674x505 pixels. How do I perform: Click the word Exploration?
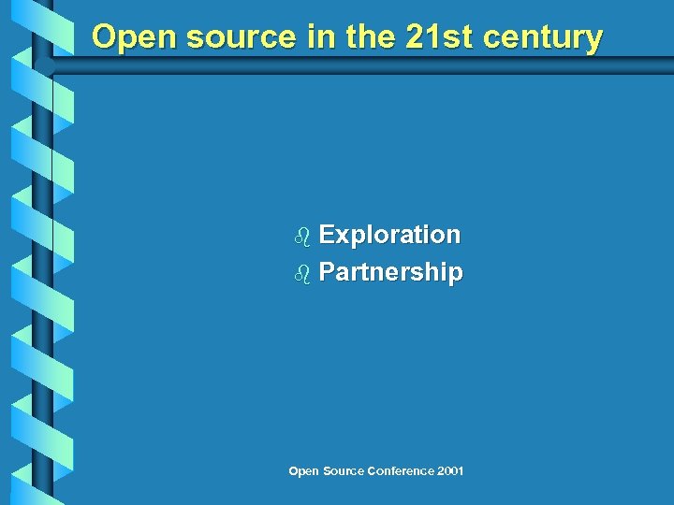pos(389,235)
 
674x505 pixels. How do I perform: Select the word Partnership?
pos(390,273)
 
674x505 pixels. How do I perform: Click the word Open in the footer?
pos(302,471)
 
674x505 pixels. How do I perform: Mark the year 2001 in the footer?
pos(449,471)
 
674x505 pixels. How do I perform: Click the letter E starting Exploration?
pos(327,235)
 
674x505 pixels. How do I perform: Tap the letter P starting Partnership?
pos(327,273)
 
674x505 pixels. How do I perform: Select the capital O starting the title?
pos(105,37)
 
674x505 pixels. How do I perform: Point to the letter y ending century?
pos(593,41)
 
